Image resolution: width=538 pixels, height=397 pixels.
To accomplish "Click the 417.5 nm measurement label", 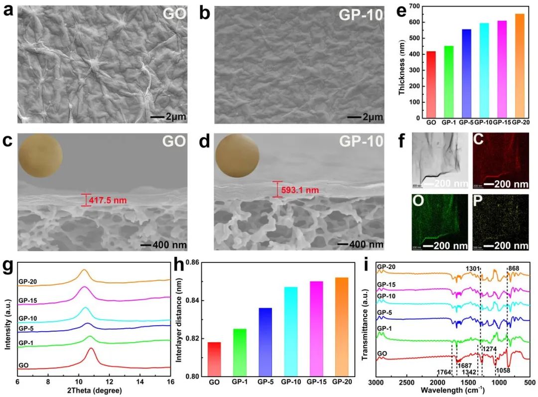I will point(107,200).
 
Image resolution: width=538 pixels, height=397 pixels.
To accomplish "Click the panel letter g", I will point(8,265).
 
